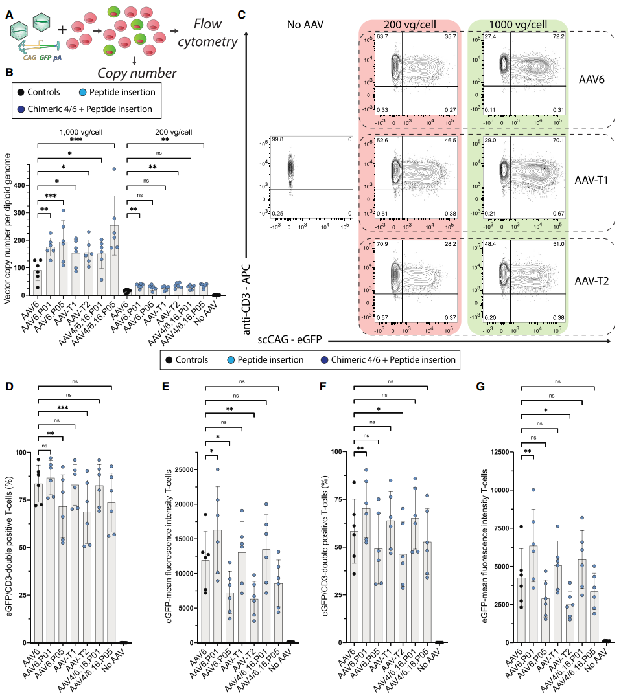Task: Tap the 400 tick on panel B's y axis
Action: [x=21, y=185]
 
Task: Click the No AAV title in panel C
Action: [x=305, y=25]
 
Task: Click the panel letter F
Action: [x=322, y=388]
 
